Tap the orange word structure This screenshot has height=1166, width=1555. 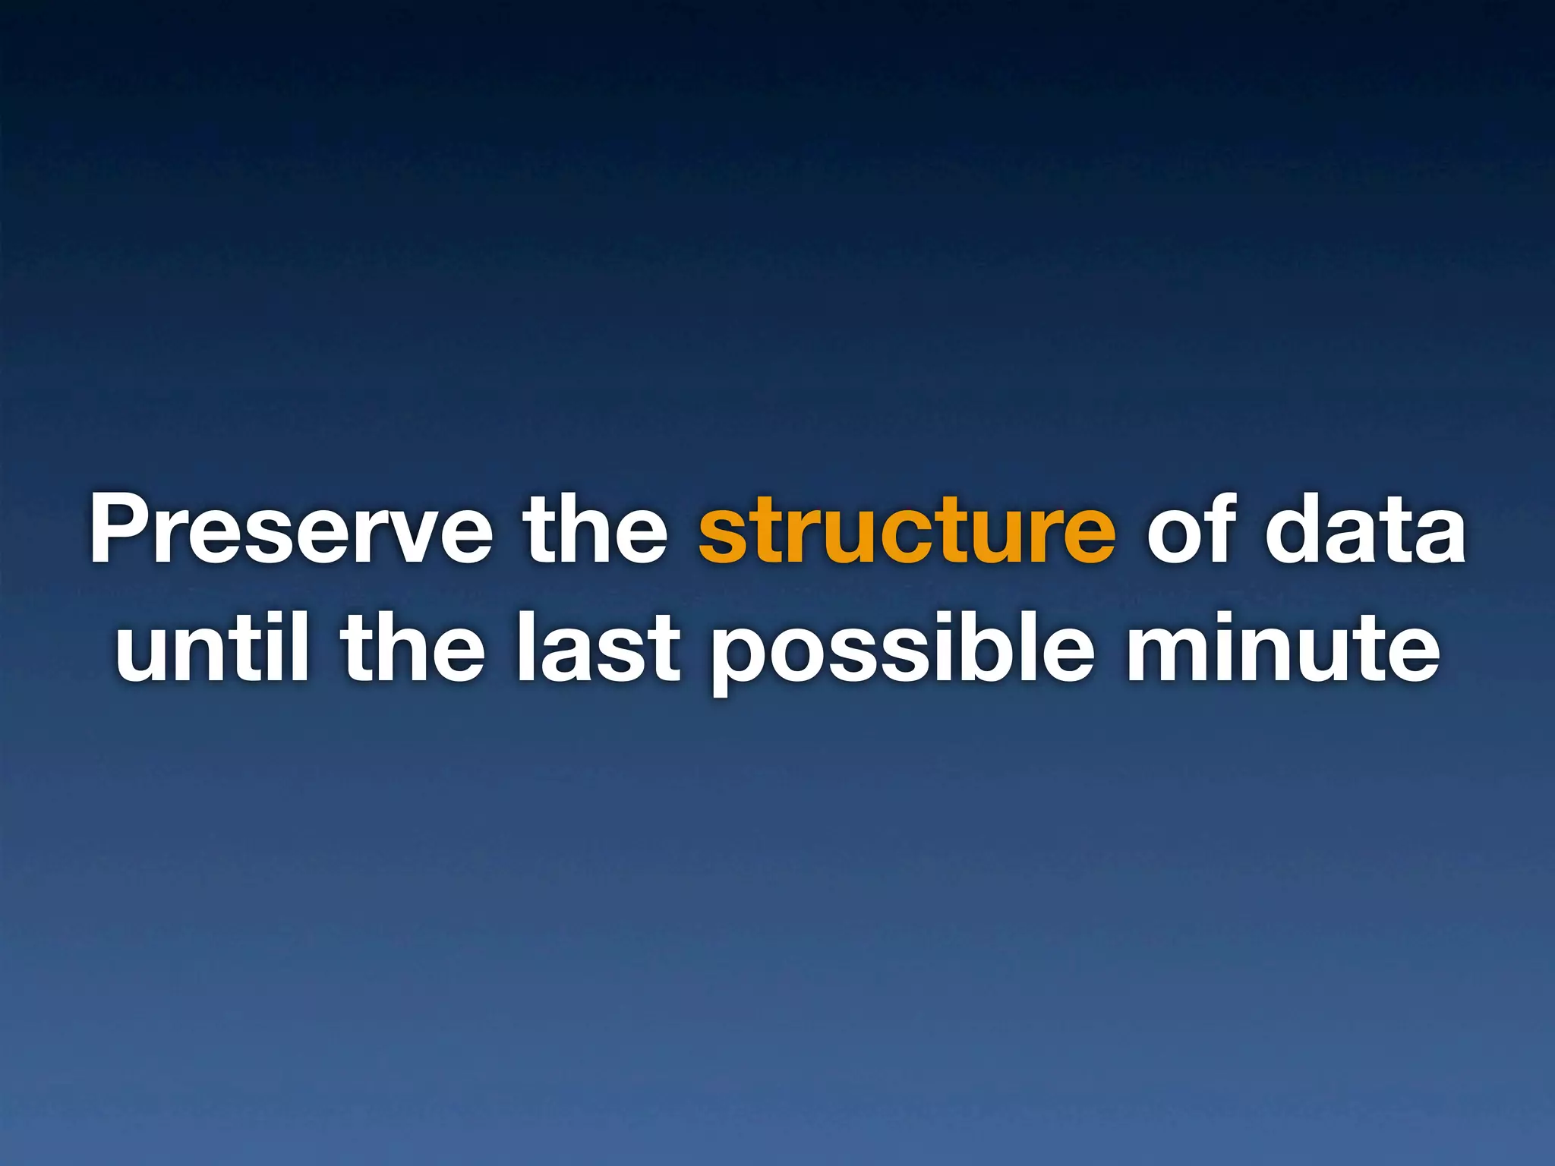(907, 530)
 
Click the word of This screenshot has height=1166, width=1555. (1189, 530)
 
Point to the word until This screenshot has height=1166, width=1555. (212, 648)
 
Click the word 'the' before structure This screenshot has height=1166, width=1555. (597, 530)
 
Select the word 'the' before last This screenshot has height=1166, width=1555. (413, 648)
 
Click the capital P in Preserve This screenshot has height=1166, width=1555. (121, 530)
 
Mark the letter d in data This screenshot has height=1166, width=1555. (1295, 530)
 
